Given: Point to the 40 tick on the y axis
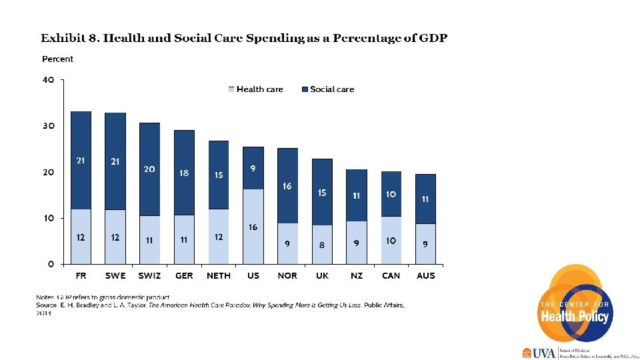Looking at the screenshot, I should [48, 80].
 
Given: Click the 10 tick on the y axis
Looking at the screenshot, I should [48, 218].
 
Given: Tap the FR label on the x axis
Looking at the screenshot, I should [81, 275].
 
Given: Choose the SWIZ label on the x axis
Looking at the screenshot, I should [149, 275].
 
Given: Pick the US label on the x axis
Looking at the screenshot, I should [253, 275].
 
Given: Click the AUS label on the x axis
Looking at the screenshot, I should [425, 275].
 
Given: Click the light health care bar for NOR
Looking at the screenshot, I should [287, 243].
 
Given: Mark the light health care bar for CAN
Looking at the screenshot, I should [391, 240].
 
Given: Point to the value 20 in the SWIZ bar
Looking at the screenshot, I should [149, 169].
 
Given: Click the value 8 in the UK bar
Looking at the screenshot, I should [322, 245].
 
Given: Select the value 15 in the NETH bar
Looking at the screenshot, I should [219, 175].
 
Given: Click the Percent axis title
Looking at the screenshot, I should [57, 59].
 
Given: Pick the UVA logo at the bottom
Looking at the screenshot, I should [539, 353].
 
